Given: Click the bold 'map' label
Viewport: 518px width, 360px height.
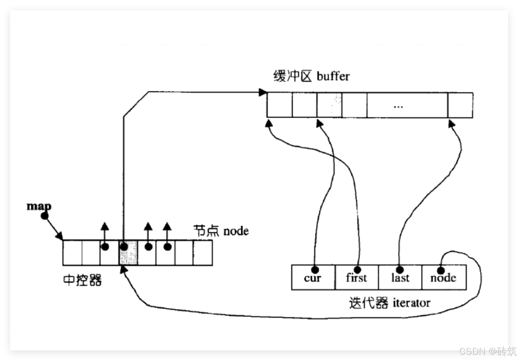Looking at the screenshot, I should point(39,206).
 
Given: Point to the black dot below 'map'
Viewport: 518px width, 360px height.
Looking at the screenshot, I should point(44,216).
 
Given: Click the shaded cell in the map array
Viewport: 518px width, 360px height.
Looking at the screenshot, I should point(128,253).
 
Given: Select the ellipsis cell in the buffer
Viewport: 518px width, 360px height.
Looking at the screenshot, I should point(407,105).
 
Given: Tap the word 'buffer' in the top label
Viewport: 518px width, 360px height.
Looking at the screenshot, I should point(333,76).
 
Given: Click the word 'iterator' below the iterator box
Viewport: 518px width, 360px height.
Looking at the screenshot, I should point(411,303).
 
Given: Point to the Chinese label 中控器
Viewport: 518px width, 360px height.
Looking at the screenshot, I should point(82,280).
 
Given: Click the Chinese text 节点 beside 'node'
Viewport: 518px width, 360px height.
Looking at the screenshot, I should point(206,231).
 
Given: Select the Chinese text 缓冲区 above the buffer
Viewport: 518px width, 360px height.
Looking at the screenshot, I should point(292,76).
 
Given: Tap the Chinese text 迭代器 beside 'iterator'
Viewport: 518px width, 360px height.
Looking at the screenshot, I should point(369,303).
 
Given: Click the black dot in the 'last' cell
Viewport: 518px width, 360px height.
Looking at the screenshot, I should point(400,269).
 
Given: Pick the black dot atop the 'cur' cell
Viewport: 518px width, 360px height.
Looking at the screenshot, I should point(315,269).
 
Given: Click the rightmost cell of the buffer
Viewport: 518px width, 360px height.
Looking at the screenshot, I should point(460,105).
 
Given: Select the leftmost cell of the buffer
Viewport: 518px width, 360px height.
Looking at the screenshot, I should point(279,105).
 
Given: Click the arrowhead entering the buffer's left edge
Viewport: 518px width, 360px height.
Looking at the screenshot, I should point(263,93).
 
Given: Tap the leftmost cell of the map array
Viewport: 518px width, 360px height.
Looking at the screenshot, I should point(72,253).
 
